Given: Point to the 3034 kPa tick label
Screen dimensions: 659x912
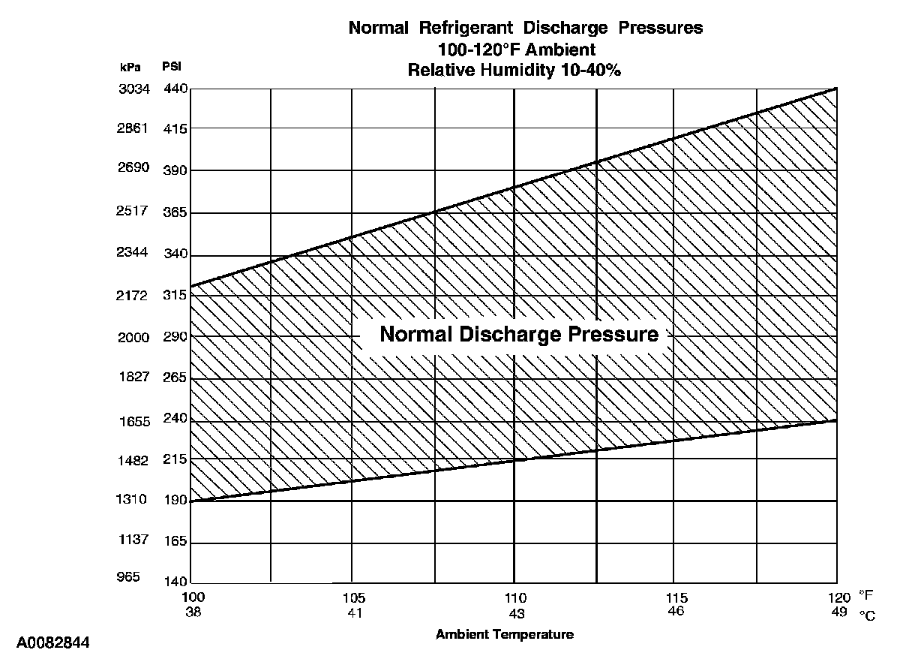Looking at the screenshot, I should click(x=134, y=89).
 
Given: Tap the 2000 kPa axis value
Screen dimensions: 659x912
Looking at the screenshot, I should click(x=134, y=337).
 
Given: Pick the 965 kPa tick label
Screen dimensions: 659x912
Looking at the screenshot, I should click(x=129, y=577).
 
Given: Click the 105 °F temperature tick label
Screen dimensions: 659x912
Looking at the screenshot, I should click(x=354, y=598).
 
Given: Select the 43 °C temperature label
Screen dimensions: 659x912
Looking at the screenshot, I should click(x=515, y=613).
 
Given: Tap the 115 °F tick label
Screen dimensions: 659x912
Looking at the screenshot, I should click(x=676, y=598).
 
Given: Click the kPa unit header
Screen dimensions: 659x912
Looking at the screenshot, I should click(x=130, y=67).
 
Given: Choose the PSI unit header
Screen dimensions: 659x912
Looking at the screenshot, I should click(x=172, y=67).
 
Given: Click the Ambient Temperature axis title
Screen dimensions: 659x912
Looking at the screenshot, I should click(x=505, y=634).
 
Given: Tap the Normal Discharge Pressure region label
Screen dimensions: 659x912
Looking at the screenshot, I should click(x=519, y=334).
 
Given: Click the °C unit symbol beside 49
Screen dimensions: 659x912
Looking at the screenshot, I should click(x=867, y=615).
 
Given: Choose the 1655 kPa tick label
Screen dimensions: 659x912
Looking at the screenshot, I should click(x=134, y=422).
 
